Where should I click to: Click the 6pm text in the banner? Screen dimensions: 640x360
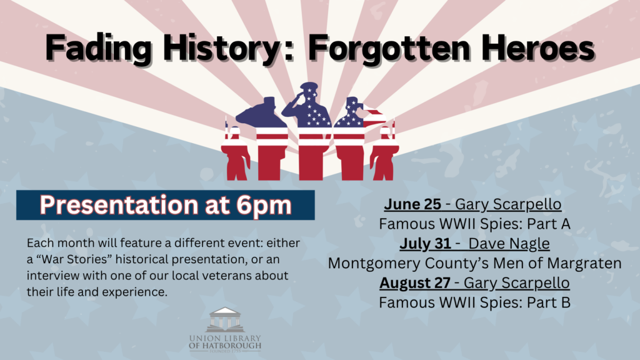pyautogui.click(x=263, y=205)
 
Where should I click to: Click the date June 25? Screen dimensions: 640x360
pyautogui.click(x=412, y=204)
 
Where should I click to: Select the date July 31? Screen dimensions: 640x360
pyautogui.click(x=425, y=244)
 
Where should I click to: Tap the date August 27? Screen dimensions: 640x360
pyautogui.click(x=415, y=282)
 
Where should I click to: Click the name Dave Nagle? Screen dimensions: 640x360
pyautogui.click(x=509, y=244)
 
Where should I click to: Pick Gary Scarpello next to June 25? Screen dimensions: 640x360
pyautogui.click(x=508, y=204)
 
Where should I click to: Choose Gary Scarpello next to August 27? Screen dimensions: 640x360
pyautogui.click(x=516, y=283)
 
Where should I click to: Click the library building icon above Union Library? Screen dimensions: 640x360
pyautogui.click(x=225, y=319)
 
